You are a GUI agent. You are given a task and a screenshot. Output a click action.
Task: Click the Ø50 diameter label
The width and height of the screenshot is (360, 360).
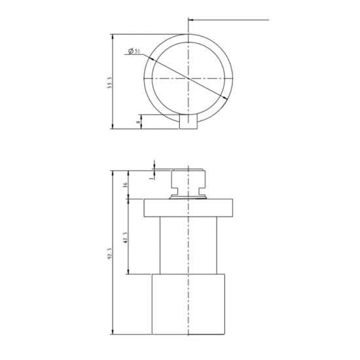coord(134,51)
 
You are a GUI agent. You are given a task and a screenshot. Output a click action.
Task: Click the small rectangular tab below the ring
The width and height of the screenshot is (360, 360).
coord(189,123)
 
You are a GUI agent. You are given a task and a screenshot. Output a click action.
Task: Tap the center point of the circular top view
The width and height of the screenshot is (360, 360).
coord(189,79)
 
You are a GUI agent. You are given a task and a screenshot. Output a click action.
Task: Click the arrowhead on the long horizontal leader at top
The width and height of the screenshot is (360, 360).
coord(190,21)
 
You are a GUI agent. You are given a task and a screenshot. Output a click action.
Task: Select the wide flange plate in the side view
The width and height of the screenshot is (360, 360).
coord(189,207)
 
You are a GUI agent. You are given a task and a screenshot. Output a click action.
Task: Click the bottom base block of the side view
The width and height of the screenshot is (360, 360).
coord(189,304)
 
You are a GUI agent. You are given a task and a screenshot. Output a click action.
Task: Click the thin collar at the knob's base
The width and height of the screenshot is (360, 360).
coord(189,194)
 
